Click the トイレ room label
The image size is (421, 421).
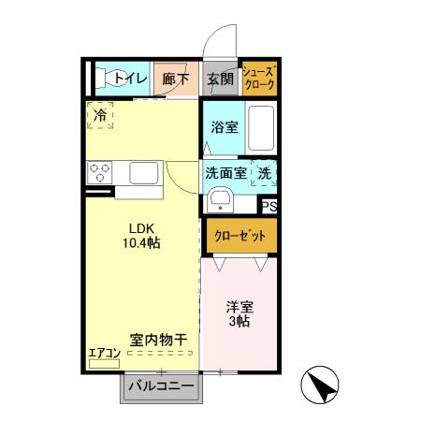[x=130, y=80]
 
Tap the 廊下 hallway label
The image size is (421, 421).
[x=176, y=80]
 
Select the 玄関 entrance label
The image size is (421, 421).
[x=220, y=80]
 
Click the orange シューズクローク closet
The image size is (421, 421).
[x=259, y=79]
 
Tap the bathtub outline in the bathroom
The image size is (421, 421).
[x=259, y=127]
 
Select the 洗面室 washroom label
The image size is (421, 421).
[x=225, y=172]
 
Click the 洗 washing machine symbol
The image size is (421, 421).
[x=265, y=172]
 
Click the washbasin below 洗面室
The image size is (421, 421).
[x=222, y=200]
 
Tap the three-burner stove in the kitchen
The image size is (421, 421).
[x=101, y=173]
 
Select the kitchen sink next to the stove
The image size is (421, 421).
[x=144, y=173]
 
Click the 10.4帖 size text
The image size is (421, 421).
[x=141, y=242]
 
